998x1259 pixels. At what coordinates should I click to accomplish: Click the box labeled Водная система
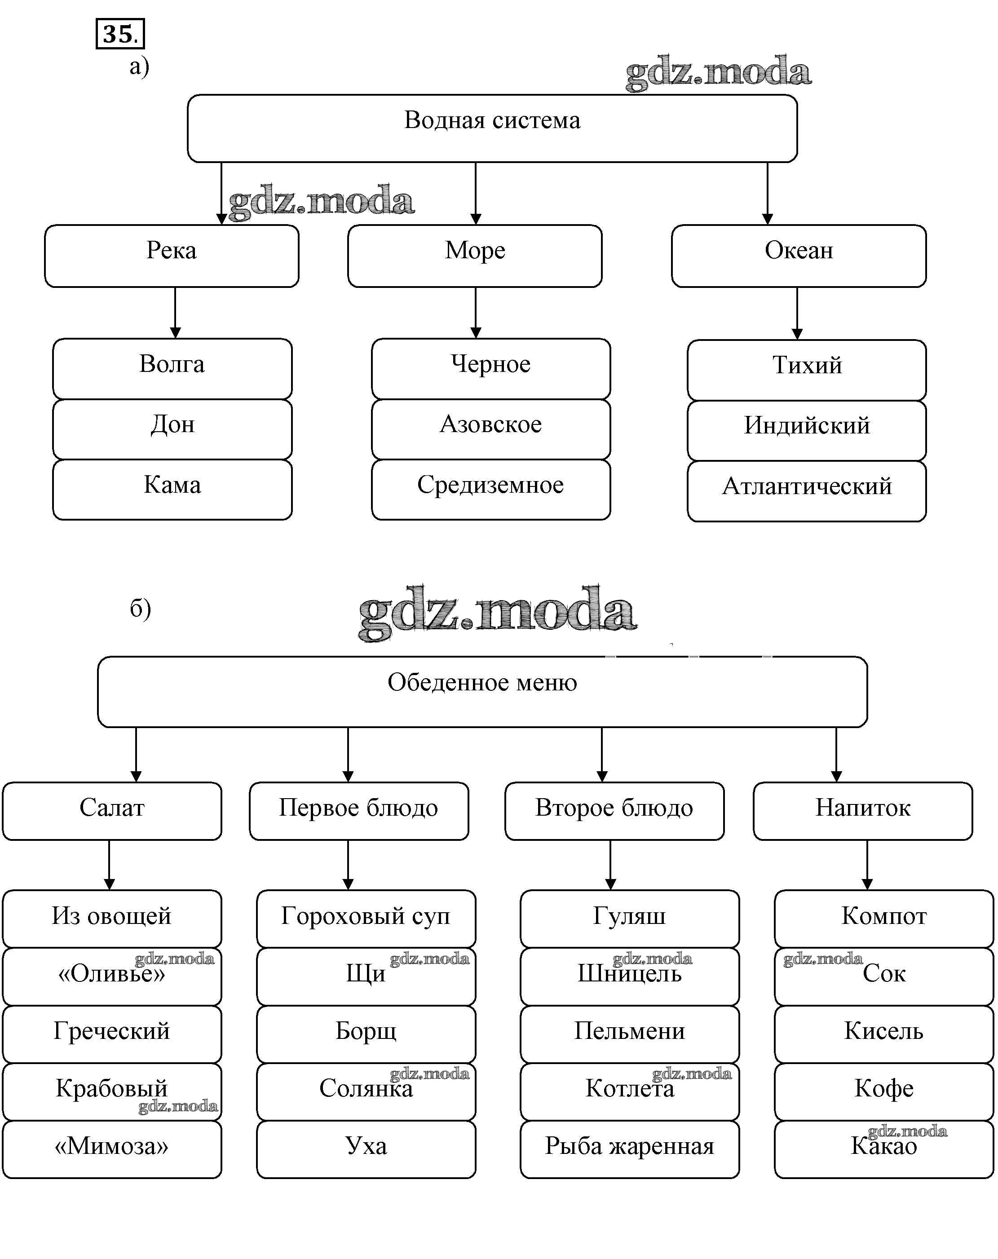click(492, 128)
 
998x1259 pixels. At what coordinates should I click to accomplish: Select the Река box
click(171, 256)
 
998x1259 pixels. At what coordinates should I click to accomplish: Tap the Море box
click(474, 256)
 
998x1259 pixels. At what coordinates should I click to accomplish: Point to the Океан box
click(798, 256)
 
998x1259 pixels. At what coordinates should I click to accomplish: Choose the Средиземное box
click(490, 489)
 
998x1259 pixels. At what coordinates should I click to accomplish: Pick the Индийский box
click(807, 430)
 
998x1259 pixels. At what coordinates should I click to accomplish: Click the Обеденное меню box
click(482, 691)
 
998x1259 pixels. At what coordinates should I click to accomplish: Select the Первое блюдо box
click(358, 811)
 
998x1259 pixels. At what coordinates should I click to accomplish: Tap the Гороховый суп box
click(366, 919)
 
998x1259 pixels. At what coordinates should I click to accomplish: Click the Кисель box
click(883, 1034)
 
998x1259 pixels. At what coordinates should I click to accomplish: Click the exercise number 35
click(120, 34)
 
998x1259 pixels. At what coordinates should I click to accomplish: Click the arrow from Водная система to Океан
click(767, 193)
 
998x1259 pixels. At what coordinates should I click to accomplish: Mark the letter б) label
click(140, 609)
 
